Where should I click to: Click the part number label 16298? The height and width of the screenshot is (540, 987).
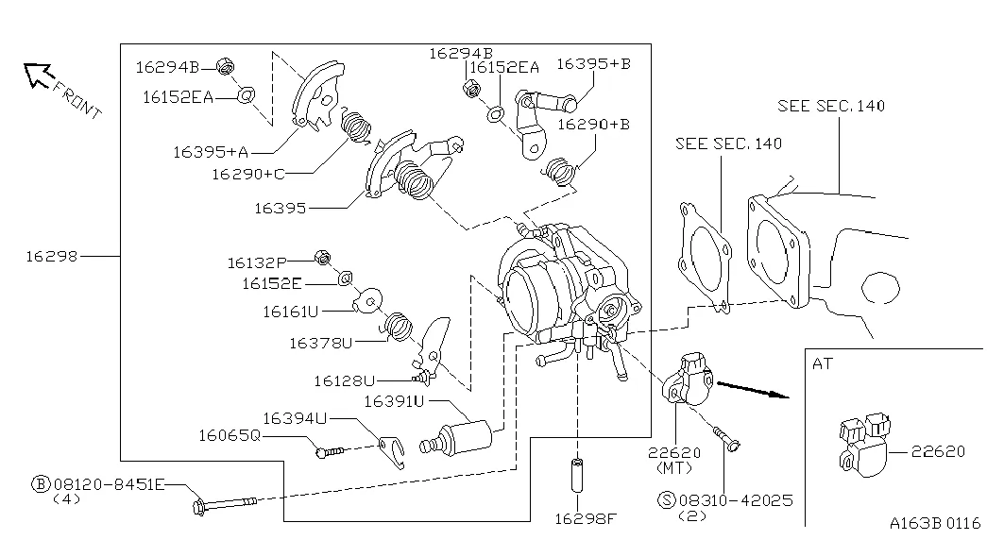point(52,256)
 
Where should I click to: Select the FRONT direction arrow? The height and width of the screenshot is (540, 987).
point(39,76)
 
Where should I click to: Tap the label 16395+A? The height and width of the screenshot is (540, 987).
point(210,151)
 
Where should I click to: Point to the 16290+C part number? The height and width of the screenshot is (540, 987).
point(247,174)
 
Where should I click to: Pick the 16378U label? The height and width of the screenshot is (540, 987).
point(320,344)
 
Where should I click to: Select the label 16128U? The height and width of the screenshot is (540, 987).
point(345,380)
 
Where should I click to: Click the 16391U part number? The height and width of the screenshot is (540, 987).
point(394,402)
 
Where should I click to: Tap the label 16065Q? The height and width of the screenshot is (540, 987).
point(229,435)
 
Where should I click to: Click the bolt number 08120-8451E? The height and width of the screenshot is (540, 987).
point(109,483)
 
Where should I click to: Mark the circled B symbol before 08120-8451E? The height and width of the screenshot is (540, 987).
point(41,483)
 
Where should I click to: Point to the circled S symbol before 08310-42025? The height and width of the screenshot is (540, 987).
point(664,500)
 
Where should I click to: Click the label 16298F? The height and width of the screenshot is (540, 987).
point(579,517)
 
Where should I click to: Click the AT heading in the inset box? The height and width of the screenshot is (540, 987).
point(823,363)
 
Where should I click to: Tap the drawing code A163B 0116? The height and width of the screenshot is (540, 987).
point(935,522)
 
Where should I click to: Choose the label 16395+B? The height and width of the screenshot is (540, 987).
point(592,64)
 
